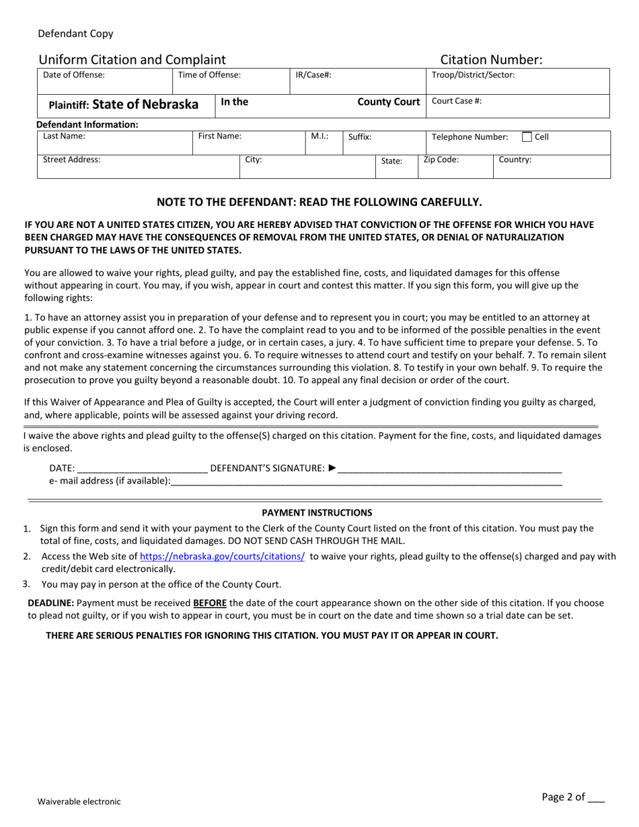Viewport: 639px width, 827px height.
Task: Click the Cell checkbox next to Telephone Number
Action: click(x=527, y=137)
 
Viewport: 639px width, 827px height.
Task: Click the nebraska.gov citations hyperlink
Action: click(x=222, y=557)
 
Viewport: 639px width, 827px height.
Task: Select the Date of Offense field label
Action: click(x=74, y=75)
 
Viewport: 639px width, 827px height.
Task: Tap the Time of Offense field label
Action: click(x=209, y=75)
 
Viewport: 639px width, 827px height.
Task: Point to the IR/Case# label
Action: click(x=313, y=75)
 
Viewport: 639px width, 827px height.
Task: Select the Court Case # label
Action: click(x=456, y=102)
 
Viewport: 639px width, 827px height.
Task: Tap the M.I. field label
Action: click(x=319, y=136)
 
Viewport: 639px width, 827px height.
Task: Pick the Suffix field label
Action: click(x=360, y=136)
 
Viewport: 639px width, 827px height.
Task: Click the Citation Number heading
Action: click(x=491, y=60)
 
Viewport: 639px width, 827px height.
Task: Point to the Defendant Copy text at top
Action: click(x=75, y=34)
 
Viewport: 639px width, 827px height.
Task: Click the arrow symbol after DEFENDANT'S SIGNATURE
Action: click(x=332, y=468)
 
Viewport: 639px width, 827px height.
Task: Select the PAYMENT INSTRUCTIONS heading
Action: click(x=317, y=512)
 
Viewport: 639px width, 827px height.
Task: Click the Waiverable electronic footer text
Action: click(x=79, y=801)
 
